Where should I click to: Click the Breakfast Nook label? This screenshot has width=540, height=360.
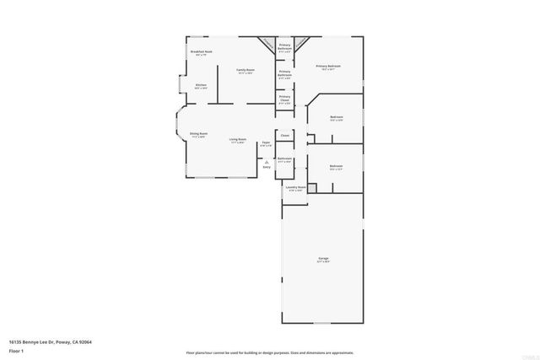click(x=201, y=52)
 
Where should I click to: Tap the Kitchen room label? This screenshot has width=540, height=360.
click(x=201, y=85)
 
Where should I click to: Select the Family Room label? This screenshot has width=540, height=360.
click(x=246, y=70)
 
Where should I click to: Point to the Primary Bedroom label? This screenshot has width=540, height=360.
click(x=328, y=66)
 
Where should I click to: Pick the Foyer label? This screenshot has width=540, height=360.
click(x=266, y=143)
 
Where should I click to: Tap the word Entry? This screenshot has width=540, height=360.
click(x=267, y=168)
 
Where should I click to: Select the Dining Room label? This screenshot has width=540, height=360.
click(x=198, y=134)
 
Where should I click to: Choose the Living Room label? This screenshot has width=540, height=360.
click(x=238, y=140)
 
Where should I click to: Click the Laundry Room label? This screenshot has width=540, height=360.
click(x=295, y=188)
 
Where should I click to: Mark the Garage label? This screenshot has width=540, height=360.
click(x=323, y=258)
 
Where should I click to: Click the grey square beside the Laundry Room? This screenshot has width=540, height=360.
click(x=311, y=188)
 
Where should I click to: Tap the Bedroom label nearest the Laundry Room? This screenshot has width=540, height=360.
click(x=336, y=166)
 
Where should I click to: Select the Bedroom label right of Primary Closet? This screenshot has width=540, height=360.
click(x=336, y=117)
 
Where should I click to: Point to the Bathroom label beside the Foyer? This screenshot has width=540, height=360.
click(x=285, y=159)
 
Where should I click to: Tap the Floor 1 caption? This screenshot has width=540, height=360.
click(x=17, y=352)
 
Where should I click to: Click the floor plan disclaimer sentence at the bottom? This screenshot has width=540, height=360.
click(x=270, y=352)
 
